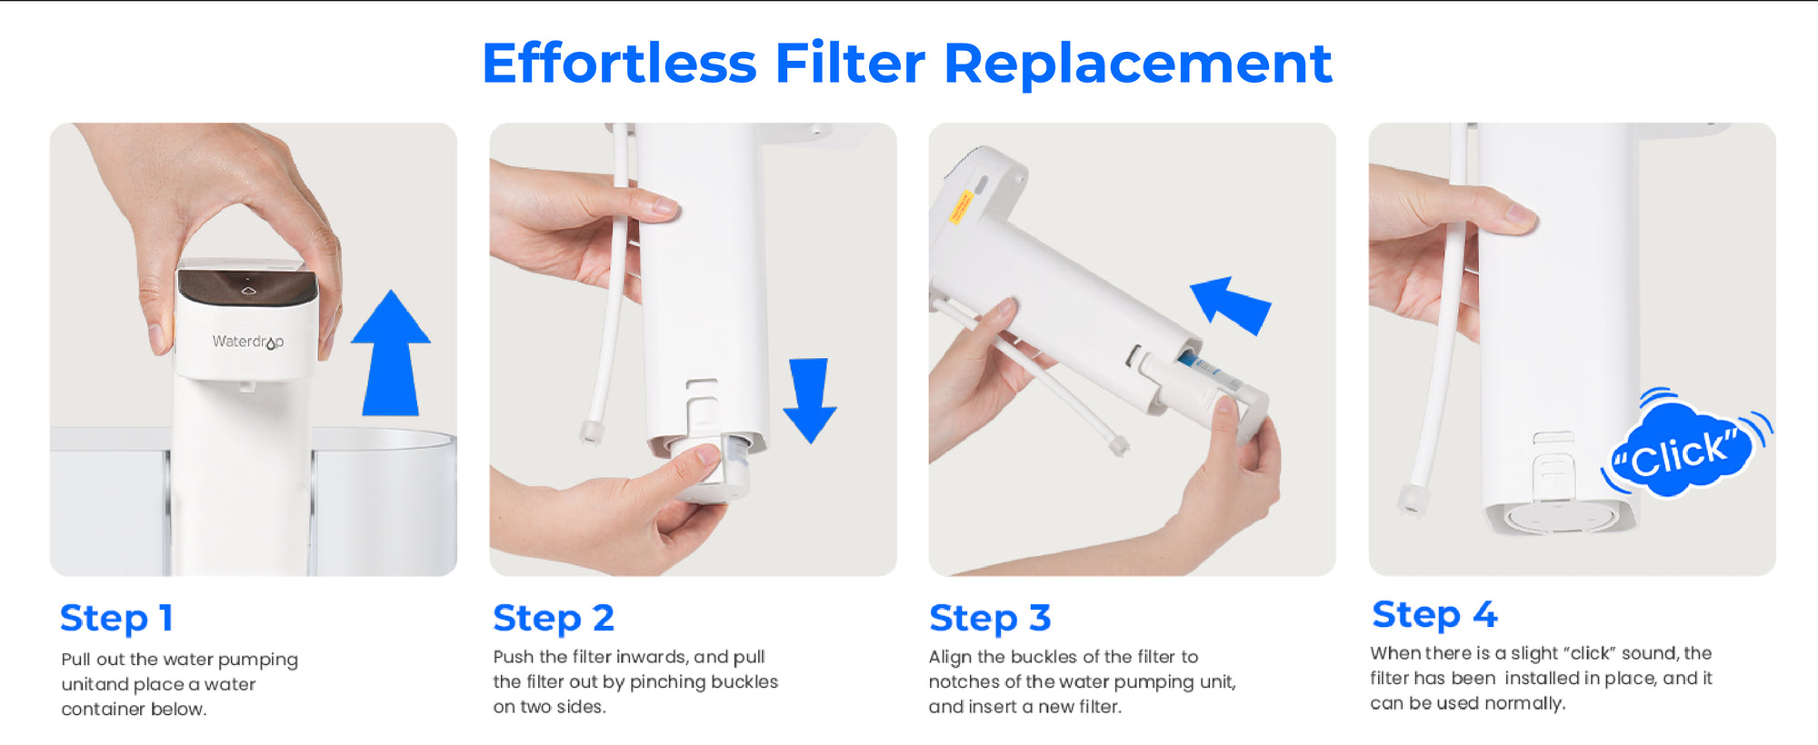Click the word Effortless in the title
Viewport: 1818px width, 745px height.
[x=619, y=64]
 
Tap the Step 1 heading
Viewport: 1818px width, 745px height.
[x=116, y=619]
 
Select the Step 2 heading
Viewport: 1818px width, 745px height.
[x=554, y=619]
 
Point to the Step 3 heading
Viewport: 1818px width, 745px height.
[x=990, y=619]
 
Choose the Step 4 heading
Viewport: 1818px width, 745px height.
[x=1434, y=615]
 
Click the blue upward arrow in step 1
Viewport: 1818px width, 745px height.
[x=391, y=354]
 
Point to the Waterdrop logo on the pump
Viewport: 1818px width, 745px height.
[x=248, y=342]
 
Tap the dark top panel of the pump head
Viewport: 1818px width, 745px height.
[x=247, y=286]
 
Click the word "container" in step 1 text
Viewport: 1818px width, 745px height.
[x=99, y=709]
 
